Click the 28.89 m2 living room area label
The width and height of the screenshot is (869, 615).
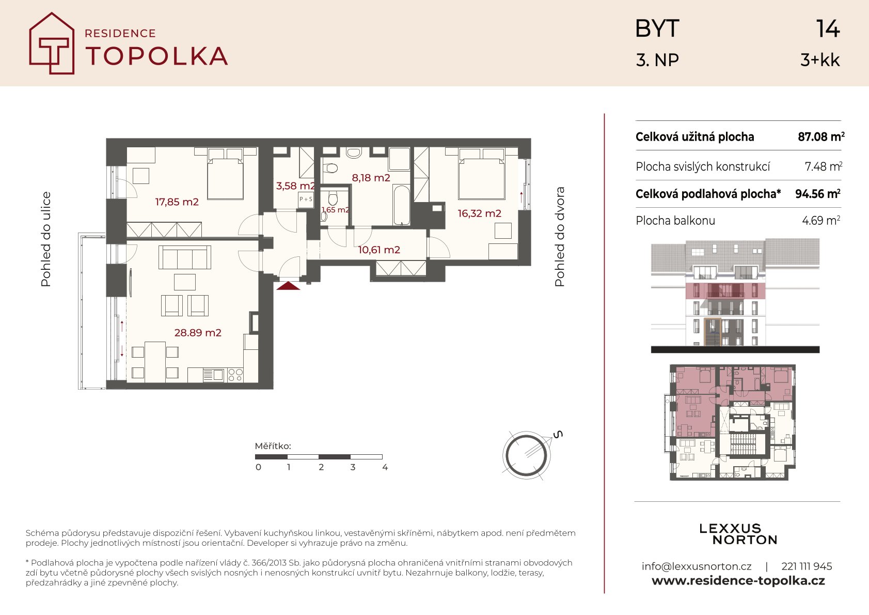(x=198, y=333)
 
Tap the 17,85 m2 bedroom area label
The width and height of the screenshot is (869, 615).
(x=177, y=202)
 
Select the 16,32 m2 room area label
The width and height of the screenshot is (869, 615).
(x=480, y=213)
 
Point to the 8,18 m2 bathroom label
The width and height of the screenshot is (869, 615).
(x=371, y=178)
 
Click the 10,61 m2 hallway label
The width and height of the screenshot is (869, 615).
(x=379, y=250)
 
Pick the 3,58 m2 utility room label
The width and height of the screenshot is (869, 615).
(x=295, y=186)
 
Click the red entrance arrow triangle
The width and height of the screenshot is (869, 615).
(x=288, y=286)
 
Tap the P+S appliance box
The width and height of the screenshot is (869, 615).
(x=306, y=199)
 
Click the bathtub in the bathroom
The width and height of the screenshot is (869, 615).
(x=401, y=205)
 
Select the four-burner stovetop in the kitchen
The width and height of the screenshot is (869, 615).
(x=235, y=375)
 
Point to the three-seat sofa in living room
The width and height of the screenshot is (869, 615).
(x=185, y=257)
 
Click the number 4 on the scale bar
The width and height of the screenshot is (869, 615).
(x=385, y=467)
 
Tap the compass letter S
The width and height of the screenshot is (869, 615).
(x=558, y=435)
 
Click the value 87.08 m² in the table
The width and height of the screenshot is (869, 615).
(x=821, y=136)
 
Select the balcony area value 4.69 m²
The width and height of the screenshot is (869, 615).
(x=821, y=221)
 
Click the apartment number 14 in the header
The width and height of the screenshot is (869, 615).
(x=828, y=29)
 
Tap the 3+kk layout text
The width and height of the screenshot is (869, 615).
(x=820, y=60)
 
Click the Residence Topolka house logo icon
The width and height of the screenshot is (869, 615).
(x=52, y=43)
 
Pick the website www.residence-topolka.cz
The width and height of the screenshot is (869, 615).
(x=738, y=581)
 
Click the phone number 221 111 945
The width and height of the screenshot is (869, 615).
(x=807, y=566)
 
